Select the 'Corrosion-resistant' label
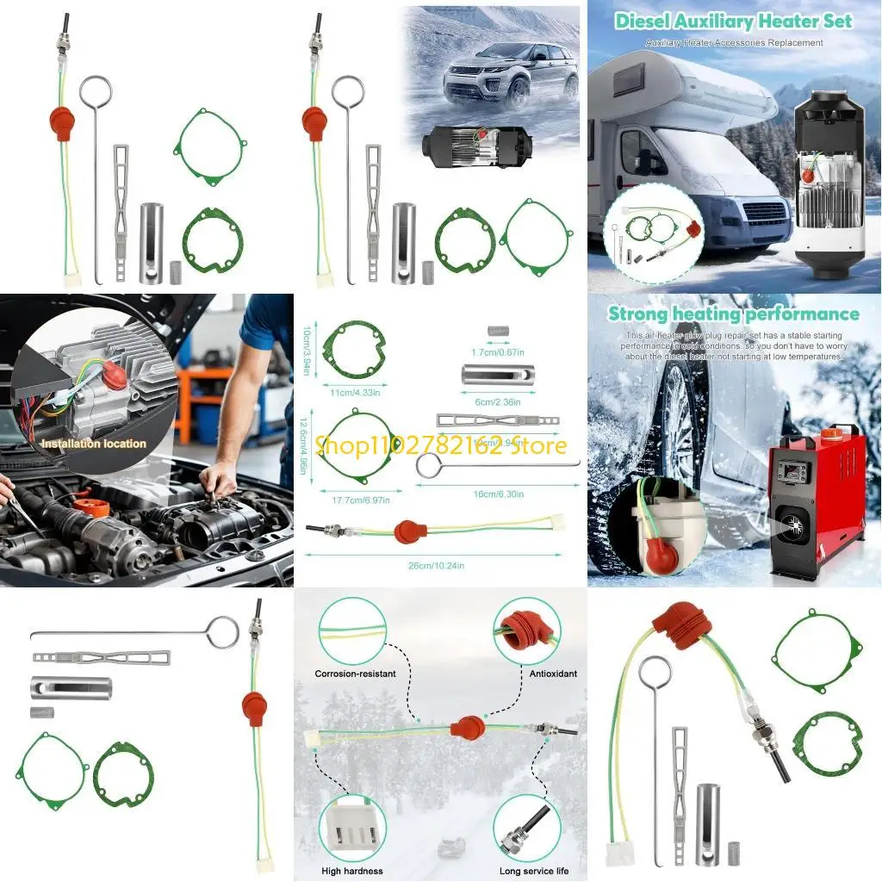click(355, 674)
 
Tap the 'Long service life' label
click(534, 870)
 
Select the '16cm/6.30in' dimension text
click(497, 494)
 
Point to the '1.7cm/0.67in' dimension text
click(497, 351)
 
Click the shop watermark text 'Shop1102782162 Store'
click(440, 445)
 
